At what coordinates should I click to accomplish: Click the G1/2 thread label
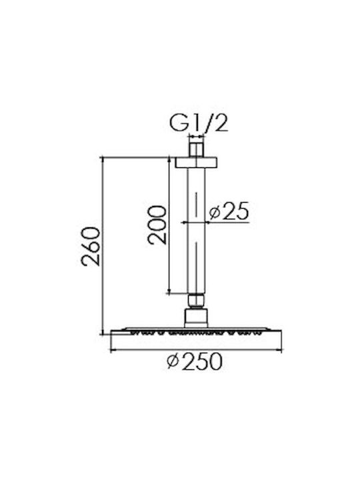pos(199,123)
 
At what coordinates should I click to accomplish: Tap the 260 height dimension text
pos(91,247)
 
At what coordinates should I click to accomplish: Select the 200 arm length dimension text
pos(157,225)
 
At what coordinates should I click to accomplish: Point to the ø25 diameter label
pos(229,211)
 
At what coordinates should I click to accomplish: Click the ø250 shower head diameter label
pos(195,361)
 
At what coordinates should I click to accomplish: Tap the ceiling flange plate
pos(196,163)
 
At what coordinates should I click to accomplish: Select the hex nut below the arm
pos(196,301)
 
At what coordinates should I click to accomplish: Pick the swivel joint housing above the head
pos(196,319)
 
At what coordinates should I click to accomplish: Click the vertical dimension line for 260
pos(103,246)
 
